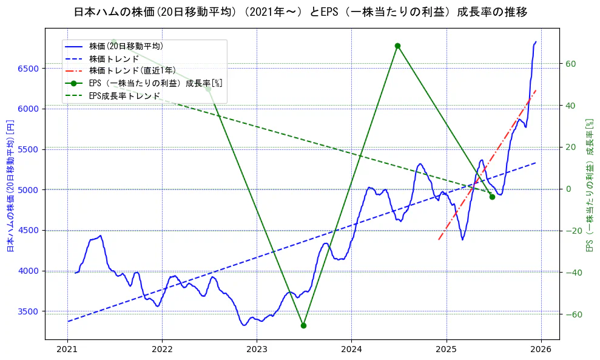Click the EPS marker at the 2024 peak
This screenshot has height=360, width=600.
pos(397,46)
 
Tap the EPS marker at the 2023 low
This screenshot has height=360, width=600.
pos(303,325)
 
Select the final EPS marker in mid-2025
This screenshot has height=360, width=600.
pos(492,197)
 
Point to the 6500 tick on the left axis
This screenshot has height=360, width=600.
pos(29,69)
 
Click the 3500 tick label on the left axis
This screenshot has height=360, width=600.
pos(29,311)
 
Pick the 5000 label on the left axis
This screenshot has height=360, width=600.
pos(29,190)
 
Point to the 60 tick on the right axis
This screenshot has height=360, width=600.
pos(571,64)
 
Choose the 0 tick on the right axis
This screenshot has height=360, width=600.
pos(568,189)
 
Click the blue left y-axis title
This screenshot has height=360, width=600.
pos(10,186)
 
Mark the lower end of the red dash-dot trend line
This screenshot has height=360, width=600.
pos(439,240)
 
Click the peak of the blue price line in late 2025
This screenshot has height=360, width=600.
pos(536,41)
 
